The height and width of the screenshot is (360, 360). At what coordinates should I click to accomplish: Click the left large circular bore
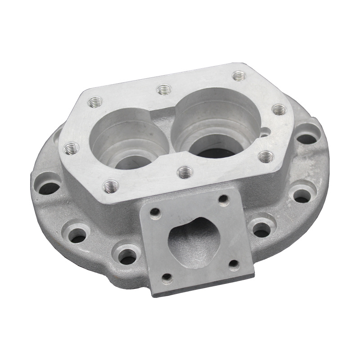click(x=130, y=139)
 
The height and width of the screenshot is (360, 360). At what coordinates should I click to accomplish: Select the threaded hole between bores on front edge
click(x=185, y=171)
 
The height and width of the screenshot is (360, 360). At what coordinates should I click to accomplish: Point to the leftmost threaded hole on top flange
click(x=72, y=148)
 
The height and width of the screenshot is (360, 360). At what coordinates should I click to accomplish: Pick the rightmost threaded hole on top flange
click(x=279, y=109)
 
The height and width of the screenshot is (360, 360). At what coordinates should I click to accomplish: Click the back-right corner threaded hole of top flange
click(x=239, y=76)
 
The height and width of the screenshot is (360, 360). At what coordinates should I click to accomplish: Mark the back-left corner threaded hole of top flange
click(x=95, y=103)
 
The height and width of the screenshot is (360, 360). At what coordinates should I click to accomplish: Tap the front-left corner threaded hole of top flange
click(x=111, y=185)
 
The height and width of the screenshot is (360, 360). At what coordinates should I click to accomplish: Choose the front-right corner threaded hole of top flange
click(x=266, y=156)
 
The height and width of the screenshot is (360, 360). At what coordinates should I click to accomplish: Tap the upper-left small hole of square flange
click(x=155, y=211)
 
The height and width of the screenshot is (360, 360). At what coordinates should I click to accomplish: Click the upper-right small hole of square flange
click(x=223, y=198)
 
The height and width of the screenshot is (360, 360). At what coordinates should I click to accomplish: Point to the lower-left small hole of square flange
click(x=167, y=277)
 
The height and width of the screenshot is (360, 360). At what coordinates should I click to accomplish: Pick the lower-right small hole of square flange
click(x=234, y=264)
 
